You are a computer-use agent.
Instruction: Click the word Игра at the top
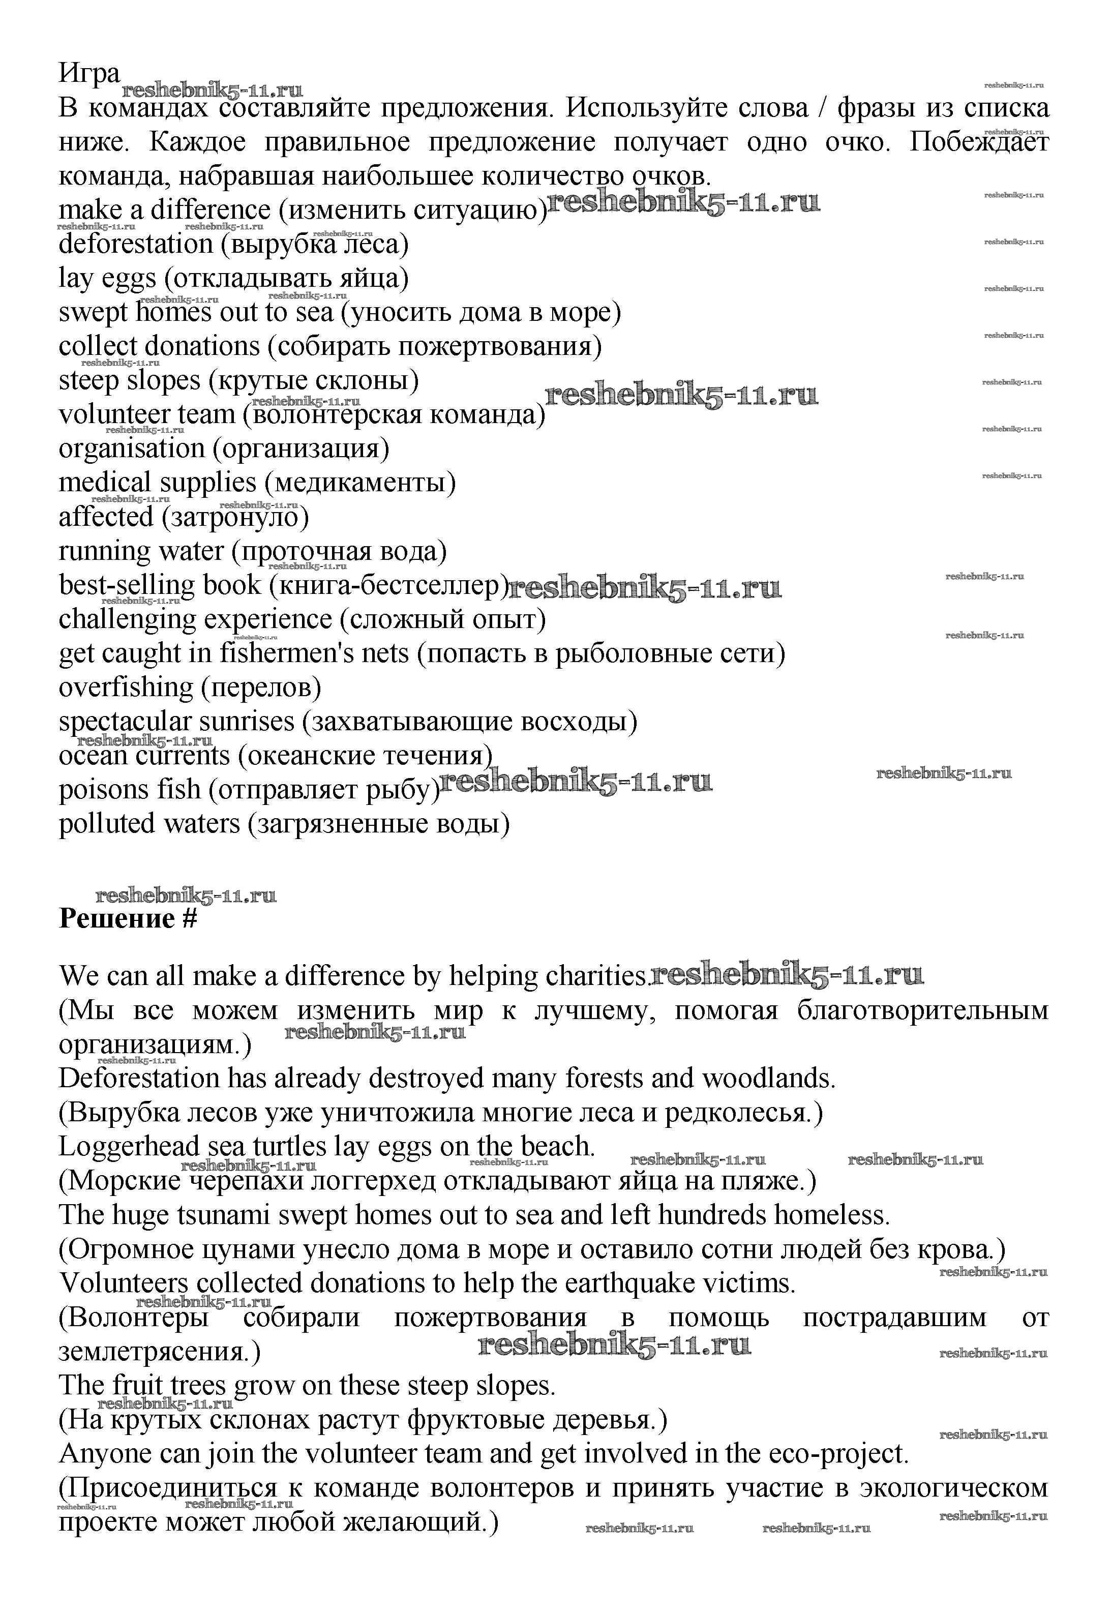click(89, 72)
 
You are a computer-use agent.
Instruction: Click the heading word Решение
click(116, 919)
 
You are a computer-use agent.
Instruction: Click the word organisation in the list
click(132, 449)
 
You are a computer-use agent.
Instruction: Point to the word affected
click(106, 517)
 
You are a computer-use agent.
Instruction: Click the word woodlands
click(767, 1079)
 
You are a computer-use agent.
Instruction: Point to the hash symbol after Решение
click(189, 919)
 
